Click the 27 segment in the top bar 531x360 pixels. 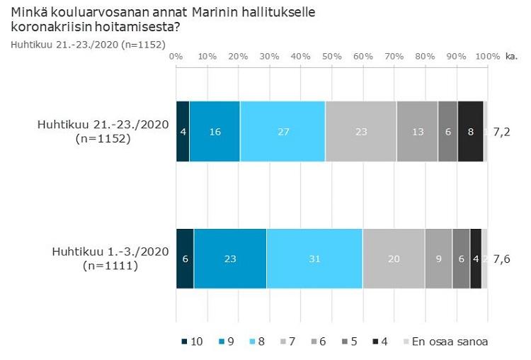point(282,131)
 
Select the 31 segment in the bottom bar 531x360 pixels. point(314,259)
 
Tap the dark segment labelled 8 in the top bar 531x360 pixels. point(470,131)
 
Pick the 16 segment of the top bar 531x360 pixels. point(215,131)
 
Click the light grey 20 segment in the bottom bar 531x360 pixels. point(393,259)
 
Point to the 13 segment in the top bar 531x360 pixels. point(417,131)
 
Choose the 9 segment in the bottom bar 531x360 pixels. point(438,259)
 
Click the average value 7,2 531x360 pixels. point(501,132)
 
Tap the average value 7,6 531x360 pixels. point(501,259)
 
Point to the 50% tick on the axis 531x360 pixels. point(332,56)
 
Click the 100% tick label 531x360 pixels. point(487,56)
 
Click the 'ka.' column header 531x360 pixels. point(512,56)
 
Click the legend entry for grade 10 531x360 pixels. point(192,342)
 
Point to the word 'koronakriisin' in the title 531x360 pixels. point(47,28)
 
